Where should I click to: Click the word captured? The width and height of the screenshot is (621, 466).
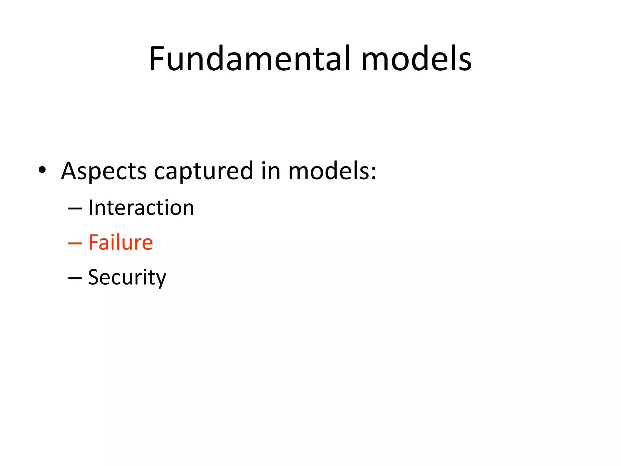click(x=203, y=171)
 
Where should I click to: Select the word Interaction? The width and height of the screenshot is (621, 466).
click(x=141, y=208)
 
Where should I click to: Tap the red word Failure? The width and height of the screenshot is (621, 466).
click(x=120, y=242)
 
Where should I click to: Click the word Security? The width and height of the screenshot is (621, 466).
click(x=127, y=277)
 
